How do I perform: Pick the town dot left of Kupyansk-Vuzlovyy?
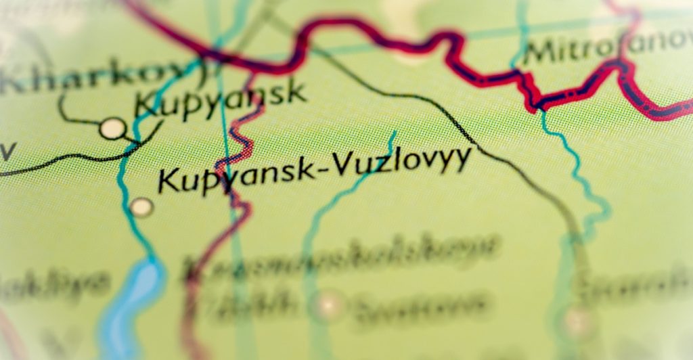(141, 206)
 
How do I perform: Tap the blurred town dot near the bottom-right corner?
(577, 318)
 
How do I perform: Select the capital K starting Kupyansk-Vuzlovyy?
(169, 181)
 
